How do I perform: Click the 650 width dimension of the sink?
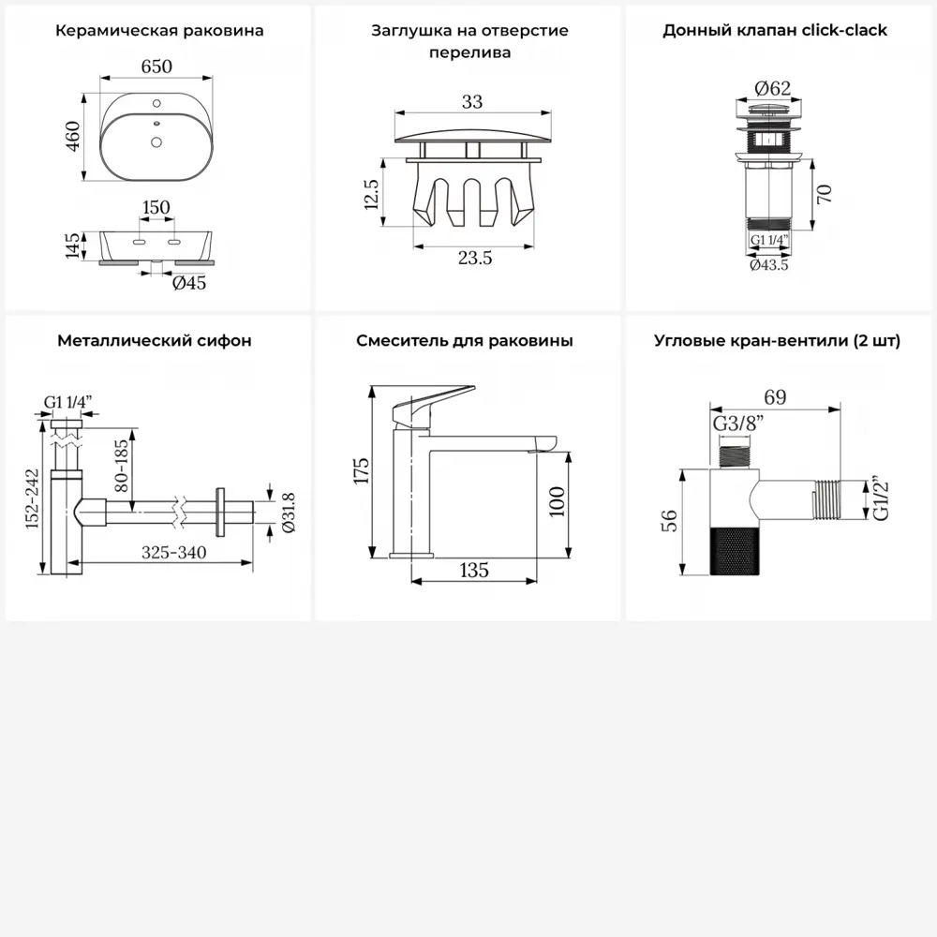(x=156, y=67)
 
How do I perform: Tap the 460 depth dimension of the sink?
(x=73, y=136)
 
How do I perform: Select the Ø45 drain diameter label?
(x=189, y=283)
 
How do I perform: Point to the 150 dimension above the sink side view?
(x=156, y=207)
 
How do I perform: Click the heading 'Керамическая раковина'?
(x=159, y=31)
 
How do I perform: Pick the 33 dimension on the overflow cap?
(x=472, y=101)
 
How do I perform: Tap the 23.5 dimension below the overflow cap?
(x=475, y=258)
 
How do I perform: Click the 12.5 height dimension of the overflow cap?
(x=371, y=194)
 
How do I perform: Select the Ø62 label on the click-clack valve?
(x=773, y=88)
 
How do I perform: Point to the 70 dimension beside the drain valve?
(x=824, y=194)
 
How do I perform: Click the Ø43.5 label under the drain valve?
(x=769, y=265)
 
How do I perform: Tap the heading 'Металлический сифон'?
(x=155, y=341)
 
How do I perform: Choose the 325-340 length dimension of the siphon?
(x=174, y=552)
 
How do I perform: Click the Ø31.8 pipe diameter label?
(x=288, y=513)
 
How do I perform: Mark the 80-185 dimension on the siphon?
(x=121, y=466)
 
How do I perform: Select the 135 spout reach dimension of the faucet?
(x=474, y=570)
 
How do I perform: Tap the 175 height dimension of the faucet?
(x=361, y=471)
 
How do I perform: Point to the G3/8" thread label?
(x=738, y=424)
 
